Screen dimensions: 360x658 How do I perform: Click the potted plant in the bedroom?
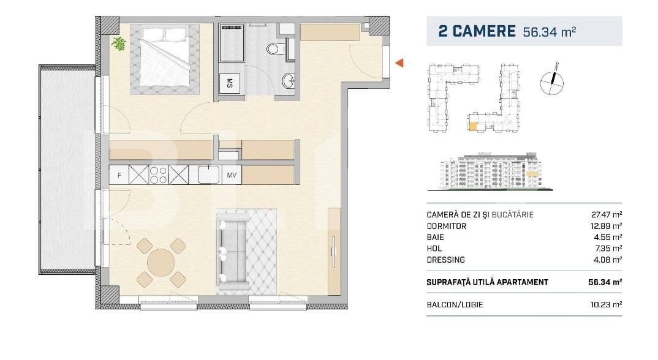pos(118,43)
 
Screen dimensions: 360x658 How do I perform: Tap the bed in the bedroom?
pos(164,59)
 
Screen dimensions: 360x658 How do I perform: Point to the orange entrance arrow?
pos(399,62)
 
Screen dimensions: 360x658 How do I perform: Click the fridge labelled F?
pos(119,176)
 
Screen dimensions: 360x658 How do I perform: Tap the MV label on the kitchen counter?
pos(232,176)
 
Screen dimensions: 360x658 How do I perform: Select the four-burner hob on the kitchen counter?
pos(159,175)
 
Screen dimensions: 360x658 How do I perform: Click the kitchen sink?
pos(209,174)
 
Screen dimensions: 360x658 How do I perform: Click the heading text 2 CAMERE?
pos(477,31)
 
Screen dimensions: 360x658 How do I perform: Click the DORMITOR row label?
pos(447,226)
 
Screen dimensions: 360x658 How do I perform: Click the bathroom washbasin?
pos(289,80)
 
